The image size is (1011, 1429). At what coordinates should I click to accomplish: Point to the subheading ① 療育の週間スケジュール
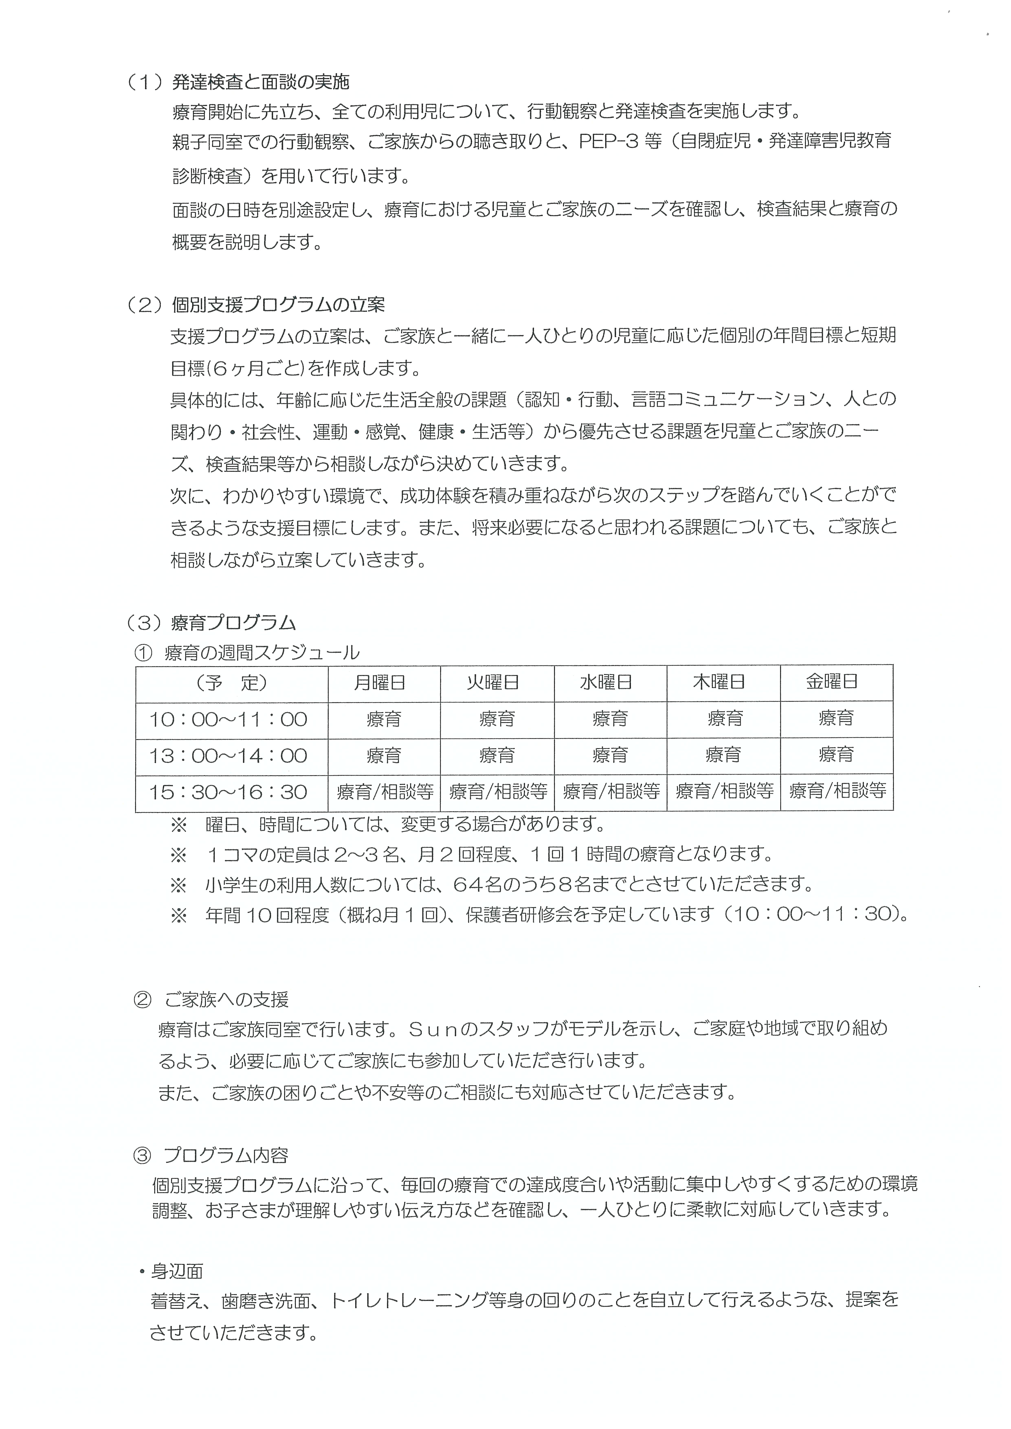tap(247, 653)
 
